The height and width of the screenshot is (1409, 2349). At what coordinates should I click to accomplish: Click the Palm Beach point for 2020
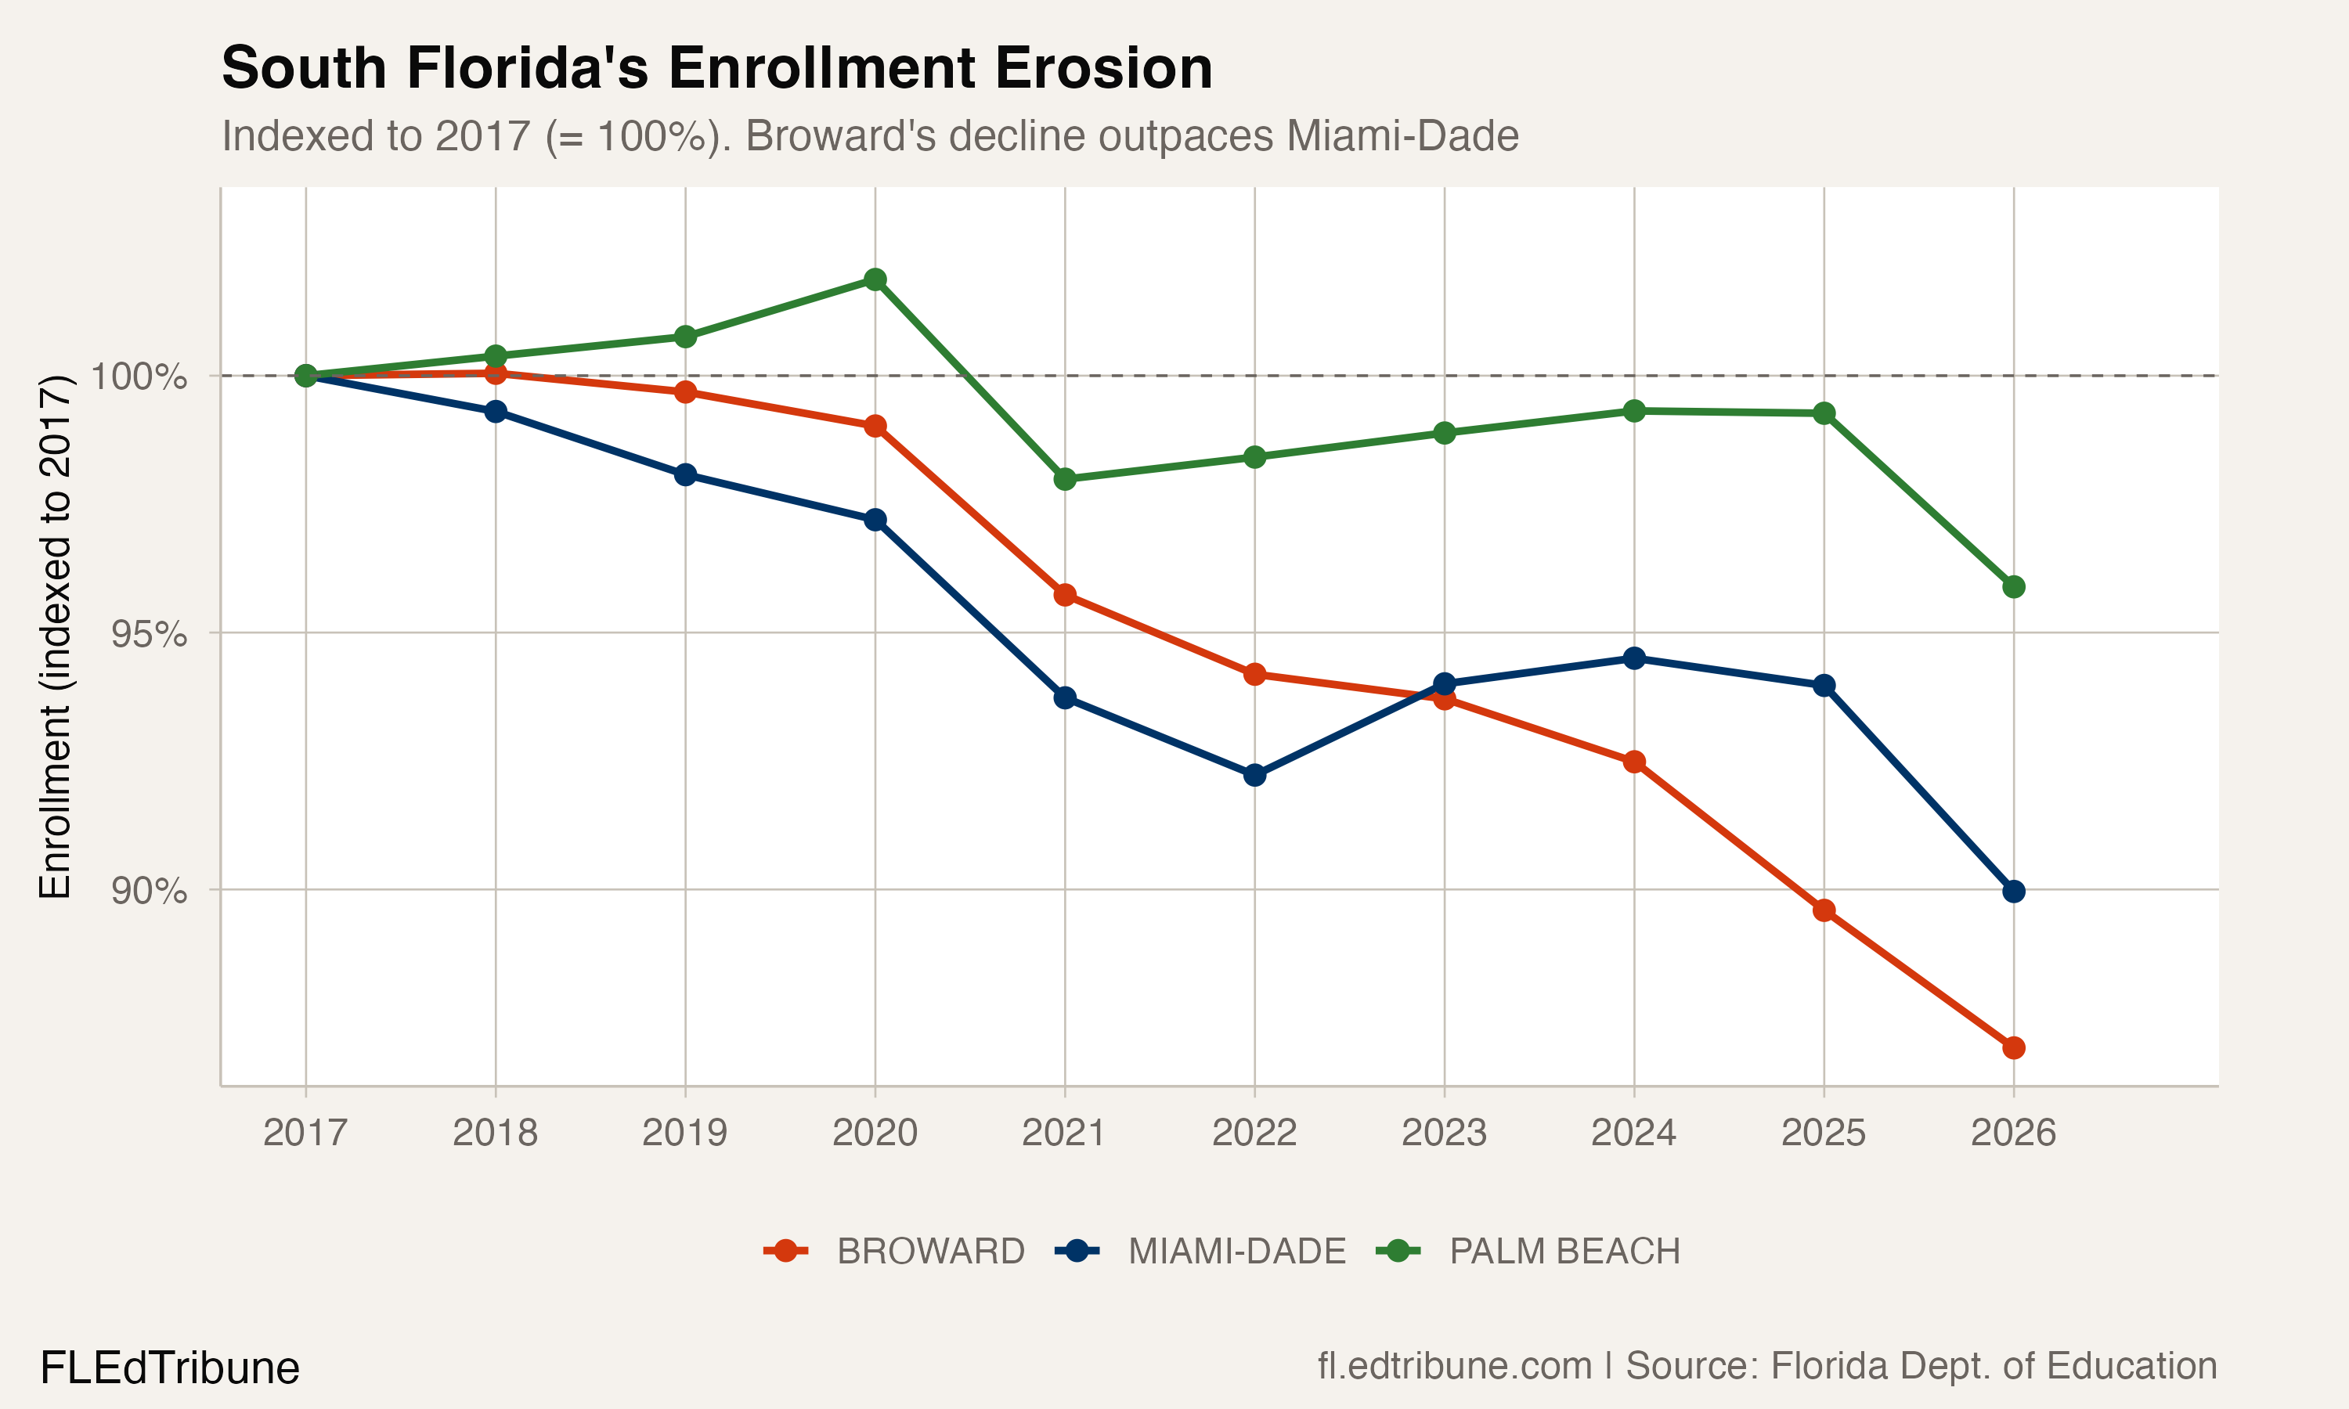pyautogui.click(x=875, y=279)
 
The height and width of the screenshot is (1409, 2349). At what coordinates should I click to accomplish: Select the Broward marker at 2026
pyautogui.click(x=2013, y=1048)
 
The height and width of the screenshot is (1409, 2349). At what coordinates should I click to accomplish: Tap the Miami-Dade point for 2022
pyautogui.click(x=1254, y=775)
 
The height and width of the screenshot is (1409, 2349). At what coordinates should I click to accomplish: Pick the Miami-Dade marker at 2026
pyautogui.click(x=2013, y=892)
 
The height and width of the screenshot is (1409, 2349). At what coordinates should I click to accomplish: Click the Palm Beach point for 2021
pyautogui.click(x=1064, y=480)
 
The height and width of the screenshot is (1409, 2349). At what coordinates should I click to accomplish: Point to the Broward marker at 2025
pyautogui.click(x=1823, y=910)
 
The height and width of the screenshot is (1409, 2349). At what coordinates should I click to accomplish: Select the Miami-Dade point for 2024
pyautogui.click(x=1633, y=658)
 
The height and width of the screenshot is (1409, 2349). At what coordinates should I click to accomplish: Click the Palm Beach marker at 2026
pyautogui.click(x=2013, y=587)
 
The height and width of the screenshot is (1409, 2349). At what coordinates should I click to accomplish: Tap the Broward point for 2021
pyautogui.click(x=1064, y=596)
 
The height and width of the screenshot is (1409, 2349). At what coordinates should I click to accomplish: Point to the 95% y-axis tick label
pyautogui.click(x=148, y=634)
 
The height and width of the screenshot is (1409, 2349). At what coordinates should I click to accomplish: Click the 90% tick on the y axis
pyautogui.click(x=148, y=892)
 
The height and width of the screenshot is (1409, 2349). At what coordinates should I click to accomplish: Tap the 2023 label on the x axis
pyautogui.click(x=1443, y=1133)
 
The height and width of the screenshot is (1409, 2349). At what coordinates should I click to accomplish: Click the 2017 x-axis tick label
pyautogui.click(x=305, y=1133)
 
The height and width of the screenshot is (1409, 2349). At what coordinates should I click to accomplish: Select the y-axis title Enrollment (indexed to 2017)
pyautogui.click(x=55, y=636)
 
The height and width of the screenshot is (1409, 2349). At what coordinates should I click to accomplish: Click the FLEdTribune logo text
pyautogui.click(x=169, y=1368)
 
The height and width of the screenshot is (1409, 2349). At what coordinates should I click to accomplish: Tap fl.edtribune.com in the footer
pyautogui.click(x=1454, y=1366)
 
